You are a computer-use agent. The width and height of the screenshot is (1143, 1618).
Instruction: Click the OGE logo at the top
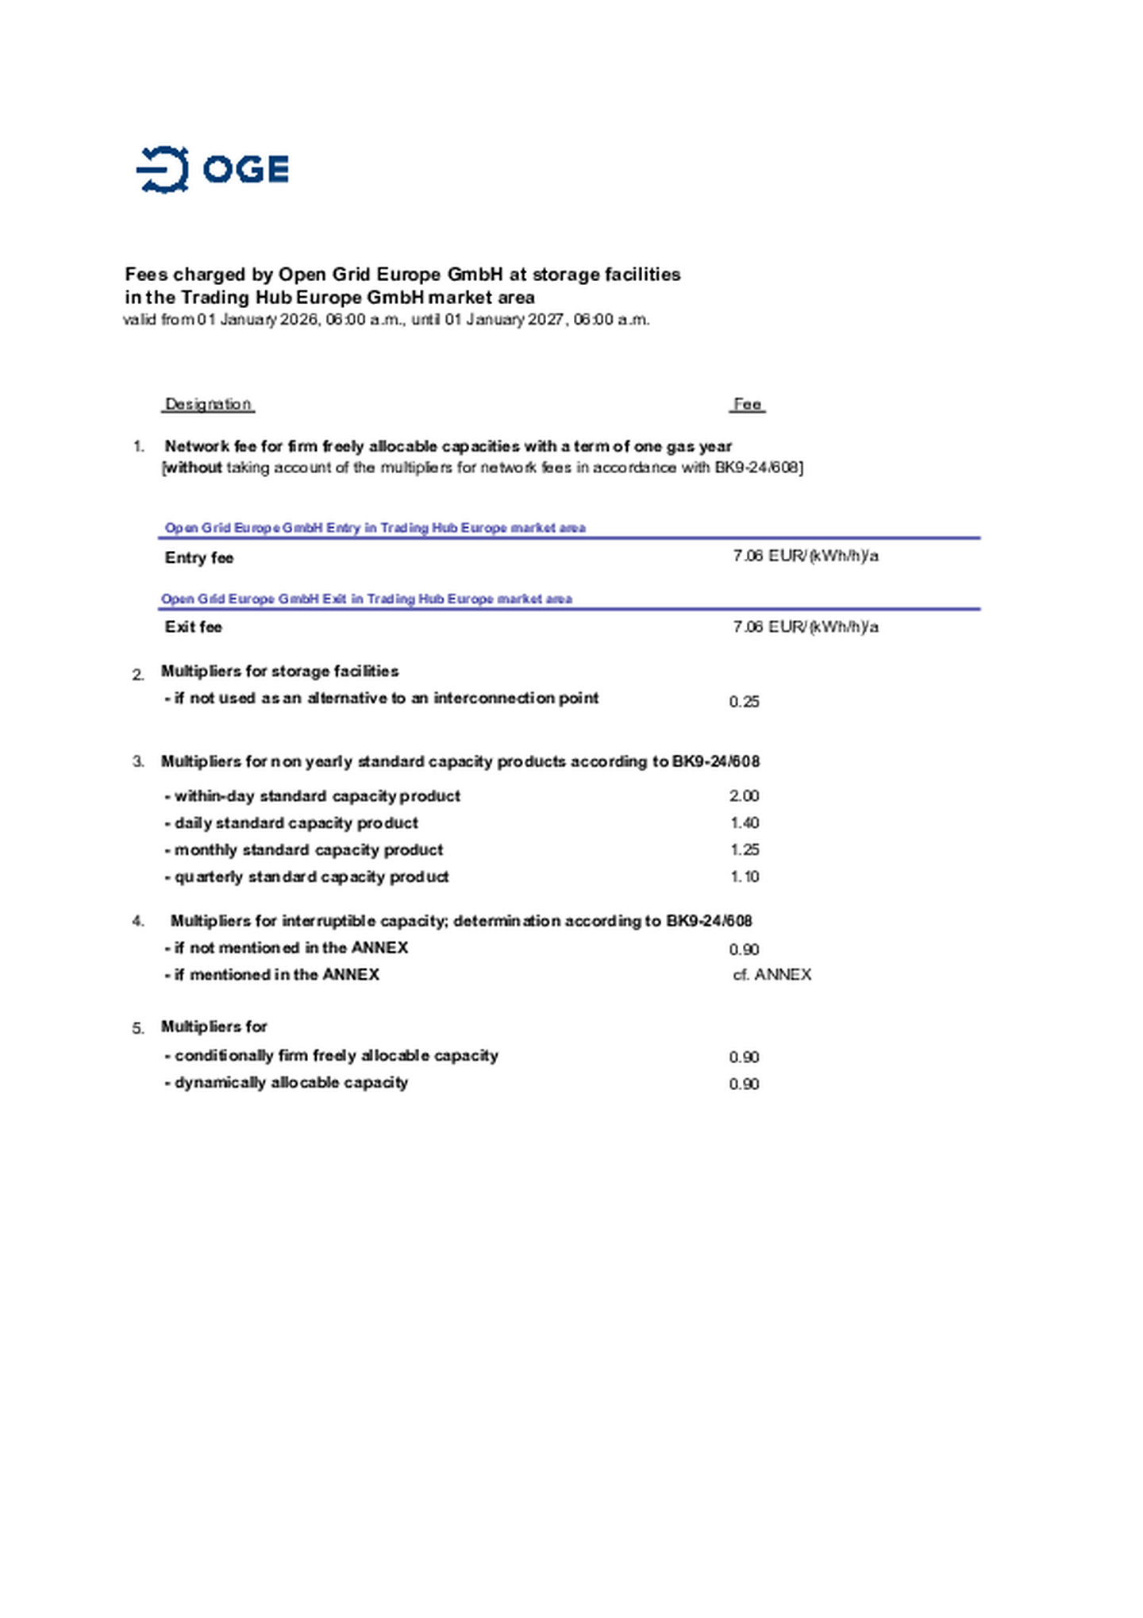pos(212,169)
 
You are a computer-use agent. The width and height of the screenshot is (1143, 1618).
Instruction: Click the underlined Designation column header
pos(208,404)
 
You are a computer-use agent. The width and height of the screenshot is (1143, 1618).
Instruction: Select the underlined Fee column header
pos(747,404)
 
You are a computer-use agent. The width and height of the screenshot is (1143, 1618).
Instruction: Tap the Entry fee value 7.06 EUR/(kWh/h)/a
pos(805,556)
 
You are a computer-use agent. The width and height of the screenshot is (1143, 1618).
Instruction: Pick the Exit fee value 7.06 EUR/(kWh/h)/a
pos(805,627)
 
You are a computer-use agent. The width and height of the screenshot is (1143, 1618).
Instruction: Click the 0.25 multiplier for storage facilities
pos(744,702)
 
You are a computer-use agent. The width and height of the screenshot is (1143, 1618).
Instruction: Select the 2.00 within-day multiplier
pos(744,796)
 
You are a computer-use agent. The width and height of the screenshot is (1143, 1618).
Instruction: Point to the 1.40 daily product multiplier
pos(744,822)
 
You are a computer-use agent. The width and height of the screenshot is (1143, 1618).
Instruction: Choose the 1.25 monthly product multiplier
pos(744,849)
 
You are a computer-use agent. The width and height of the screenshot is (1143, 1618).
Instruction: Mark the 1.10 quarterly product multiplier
pos(744,876)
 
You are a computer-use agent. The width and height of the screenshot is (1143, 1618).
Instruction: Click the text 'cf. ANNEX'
pos(772,975)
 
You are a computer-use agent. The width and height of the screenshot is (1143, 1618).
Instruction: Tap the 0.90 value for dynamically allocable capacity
pos(744,1084)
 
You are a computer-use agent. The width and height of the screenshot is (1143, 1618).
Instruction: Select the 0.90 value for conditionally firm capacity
pos(744,1057)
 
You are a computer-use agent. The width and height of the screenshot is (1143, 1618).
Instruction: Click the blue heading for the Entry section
pos(375,528)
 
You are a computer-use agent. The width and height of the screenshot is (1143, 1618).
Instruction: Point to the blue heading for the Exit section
pos(367,599)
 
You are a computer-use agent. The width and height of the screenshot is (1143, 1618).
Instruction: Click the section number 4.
pos(138,921)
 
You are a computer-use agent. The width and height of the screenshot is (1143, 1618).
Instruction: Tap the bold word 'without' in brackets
pos(193,468)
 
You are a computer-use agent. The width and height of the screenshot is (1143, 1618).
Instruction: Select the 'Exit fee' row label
pos(193,627)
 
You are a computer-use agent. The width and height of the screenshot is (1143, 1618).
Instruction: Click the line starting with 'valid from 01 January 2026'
pos(387,320)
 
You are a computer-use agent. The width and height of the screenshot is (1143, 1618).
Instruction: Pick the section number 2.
pos(138,675)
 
